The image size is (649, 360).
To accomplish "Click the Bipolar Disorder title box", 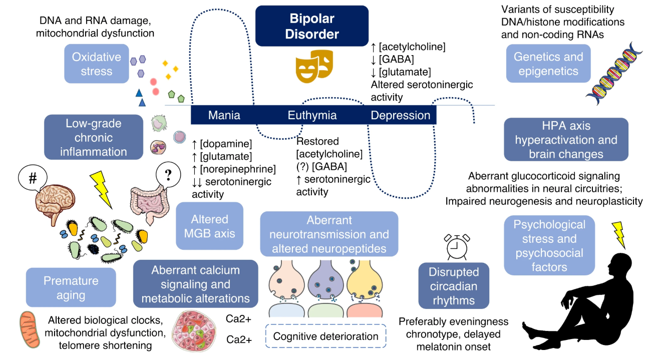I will pyautogui.click(x=311, y=26).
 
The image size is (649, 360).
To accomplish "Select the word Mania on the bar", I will pyautogui.click(x=224, y=115).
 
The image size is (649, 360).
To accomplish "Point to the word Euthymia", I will pyautogui.click(x=312, y=115).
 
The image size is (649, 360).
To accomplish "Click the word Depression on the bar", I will pyautogui.click(x=400, y=115).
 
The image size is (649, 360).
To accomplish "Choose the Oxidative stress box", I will pyautogui.click(x=96, y=64).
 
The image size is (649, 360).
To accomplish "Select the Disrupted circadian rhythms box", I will pyautogui.click(x=453, y=286).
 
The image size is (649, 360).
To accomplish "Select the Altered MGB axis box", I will pyautogui.click(x=209, y=226).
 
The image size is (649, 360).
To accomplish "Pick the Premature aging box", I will pyautogui.click(x=71, y=287).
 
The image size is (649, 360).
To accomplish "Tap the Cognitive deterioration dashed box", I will pyautogui.click(x=326, y=336).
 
